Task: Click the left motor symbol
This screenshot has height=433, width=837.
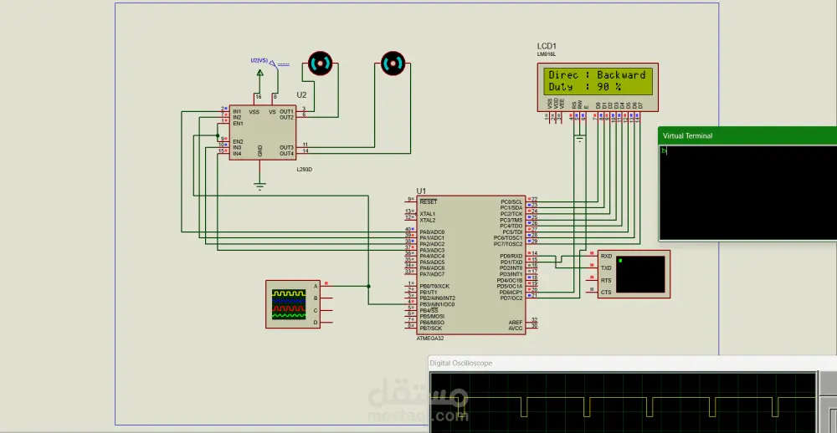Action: tap(320, 63)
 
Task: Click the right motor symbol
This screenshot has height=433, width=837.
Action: tap(392, 63)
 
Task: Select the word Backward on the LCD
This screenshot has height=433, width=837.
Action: tap(621, 75)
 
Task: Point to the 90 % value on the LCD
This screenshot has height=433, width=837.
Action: tap(608, 87)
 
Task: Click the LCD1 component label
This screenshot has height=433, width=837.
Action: tap(547, 46)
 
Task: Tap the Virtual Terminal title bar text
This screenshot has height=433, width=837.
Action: tap(687, 135)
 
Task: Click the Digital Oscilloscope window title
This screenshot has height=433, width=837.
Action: tap(460, 363)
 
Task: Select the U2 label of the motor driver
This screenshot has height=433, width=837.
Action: tap(301, 96)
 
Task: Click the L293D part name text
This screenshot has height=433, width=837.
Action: tap(305, 170)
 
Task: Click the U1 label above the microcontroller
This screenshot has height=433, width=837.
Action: tap(421, 191)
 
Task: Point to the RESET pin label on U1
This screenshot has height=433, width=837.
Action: tap(429, 201)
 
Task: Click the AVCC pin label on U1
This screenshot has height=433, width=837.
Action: tap(515, 329)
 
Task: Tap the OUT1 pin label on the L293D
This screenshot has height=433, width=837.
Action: tap(286, 111)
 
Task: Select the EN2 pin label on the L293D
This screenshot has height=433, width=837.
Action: tap(239, 141)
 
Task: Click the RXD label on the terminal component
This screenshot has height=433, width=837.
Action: tap(606, 256)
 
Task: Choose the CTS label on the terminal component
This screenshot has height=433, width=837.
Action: tap(606, 292)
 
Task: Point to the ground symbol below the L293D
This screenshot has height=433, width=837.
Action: tap(260, 183)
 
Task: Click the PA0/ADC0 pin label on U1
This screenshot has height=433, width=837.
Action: tap(432, 232)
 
